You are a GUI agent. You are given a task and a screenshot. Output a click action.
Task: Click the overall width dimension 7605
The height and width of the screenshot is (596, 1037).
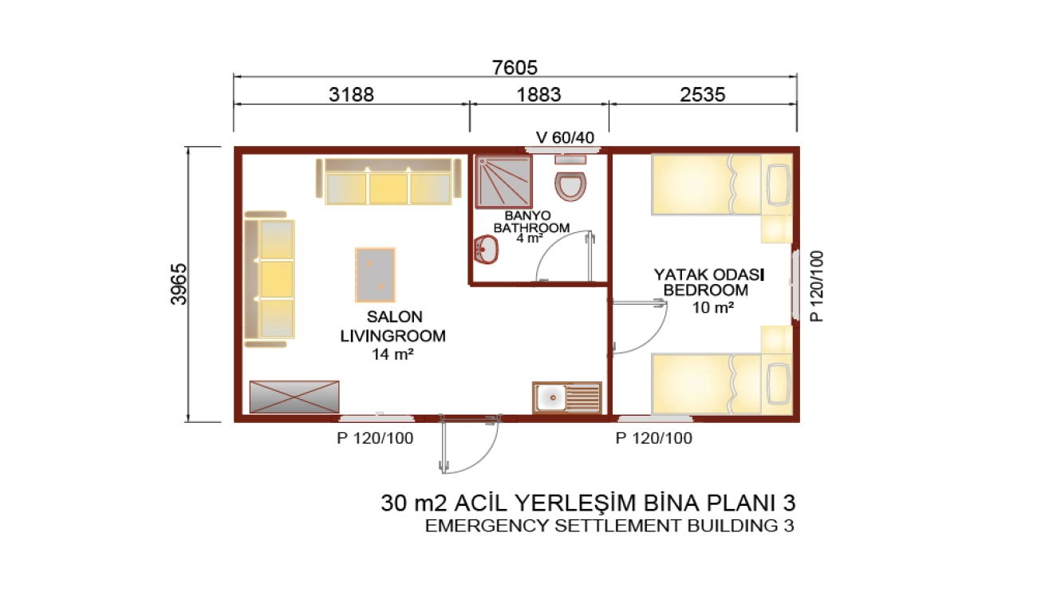coord(515,68)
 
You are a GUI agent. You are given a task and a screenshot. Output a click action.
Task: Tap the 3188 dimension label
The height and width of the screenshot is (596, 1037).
coord(351,94)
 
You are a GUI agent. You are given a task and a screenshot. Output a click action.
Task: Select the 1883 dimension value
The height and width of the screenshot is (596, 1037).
coord(538,94)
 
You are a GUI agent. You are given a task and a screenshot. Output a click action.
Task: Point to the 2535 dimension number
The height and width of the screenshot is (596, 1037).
coord(702,94)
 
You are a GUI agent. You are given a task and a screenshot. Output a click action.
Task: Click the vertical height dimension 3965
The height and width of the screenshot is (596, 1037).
coord(179,284)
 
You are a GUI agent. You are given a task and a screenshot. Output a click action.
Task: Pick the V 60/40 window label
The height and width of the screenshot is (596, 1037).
coord(565,137)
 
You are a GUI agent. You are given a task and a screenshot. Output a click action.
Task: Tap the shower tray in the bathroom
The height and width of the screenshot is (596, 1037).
coord(503,182)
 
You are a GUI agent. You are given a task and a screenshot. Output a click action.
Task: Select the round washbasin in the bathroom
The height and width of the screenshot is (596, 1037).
coord(485,249)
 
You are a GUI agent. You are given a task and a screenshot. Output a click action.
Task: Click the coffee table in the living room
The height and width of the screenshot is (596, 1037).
coord(376,275)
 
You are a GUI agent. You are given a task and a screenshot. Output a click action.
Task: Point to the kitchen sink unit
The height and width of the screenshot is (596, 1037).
coord(567,397)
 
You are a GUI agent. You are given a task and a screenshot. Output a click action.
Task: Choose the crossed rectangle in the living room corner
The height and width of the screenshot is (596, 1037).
coord(294,397)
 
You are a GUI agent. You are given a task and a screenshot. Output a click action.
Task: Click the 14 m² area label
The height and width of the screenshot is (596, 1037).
coord(392,354)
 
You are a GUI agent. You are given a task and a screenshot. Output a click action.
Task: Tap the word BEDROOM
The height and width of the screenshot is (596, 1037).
coord(706,290)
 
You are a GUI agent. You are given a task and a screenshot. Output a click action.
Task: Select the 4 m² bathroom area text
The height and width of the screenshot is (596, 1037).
coord(530,238)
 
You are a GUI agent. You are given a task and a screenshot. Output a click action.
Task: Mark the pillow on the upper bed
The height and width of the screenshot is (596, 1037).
coord(779,185)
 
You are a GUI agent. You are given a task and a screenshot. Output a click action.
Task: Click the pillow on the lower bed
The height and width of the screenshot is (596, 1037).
coord(779,384)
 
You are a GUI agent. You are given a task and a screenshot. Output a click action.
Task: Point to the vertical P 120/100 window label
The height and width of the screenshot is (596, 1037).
coord(818,286)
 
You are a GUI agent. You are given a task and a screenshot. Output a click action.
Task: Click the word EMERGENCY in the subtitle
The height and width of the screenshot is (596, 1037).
coord(486,526)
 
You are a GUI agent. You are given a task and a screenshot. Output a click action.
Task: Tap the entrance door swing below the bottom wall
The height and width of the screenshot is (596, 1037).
coord(469,444)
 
